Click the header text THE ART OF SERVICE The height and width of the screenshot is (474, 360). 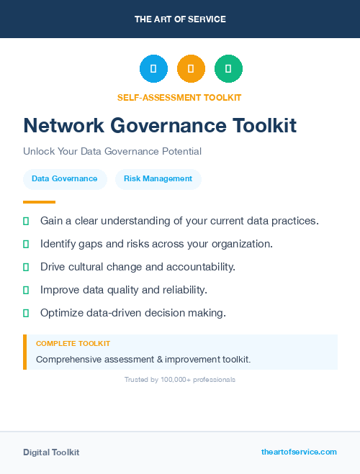[x=180, y=19]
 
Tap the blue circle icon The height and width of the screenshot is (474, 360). [x=153, y=69]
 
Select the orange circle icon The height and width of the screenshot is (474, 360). [x=191, y=69]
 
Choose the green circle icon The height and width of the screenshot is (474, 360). [x=228, y=69]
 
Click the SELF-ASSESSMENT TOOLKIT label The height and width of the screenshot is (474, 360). [x=179, y=97]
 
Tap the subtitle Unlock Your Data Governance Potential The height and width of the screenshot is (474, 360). [x=112, y=152]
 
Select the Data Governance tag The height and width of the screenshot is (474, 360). [x=65, y=179]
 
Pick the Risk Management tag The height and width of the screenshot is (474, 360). [x=158, y=179]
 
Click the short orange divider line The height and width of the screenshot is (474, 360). [x=39, y=202]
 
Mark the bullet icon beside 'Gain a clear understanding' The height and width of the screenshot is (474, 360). [x=26, y=221]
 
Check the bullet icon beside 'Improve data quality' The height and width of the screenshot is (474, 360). [x=26, y=290]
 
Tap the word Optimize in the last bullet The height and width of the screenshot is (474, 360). [x=62, y=313]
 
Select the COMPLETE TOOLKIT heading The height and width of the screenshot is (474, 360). [x=73, y=344]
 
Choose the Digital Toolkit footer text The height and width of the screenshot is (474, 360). [x=51, y=452]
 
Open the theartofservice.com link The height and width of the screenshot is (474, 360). [x=299, y=452]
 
